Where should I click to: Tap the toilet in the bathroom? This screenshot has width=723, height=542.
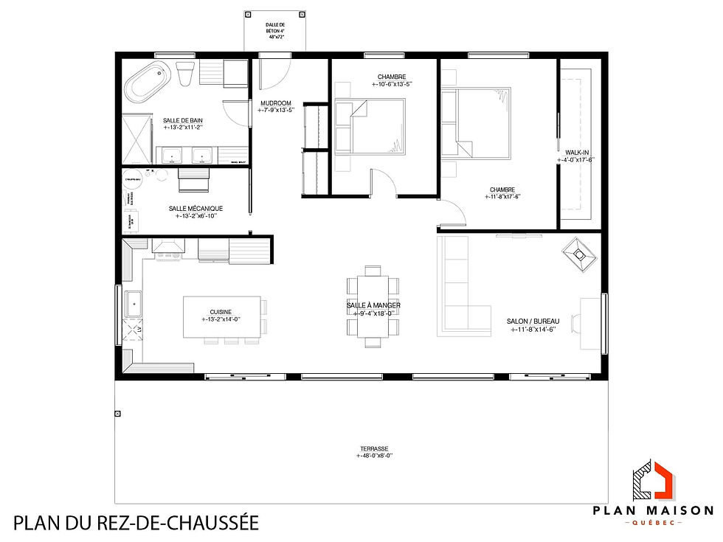pos(185,74)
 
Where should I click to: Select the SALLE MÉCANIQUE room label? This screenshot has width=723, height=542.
pos(196,208)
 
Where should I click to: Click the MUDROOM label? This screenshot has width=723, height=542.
pos(276,103)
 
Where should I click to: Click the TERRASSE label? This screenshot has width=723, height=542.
pos(375,448)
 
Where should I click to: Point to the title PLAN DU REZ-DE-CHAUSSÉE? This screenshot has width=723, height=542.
pos(136,524)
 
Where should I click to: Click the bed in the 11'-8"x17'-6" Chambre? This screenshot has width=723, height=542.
pos(477,122)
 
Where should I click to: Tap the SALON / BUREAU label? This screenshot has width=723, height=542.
pos(533,322)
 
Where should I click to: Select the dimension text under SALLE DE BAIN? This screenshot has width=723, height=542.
pos(183,128)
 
